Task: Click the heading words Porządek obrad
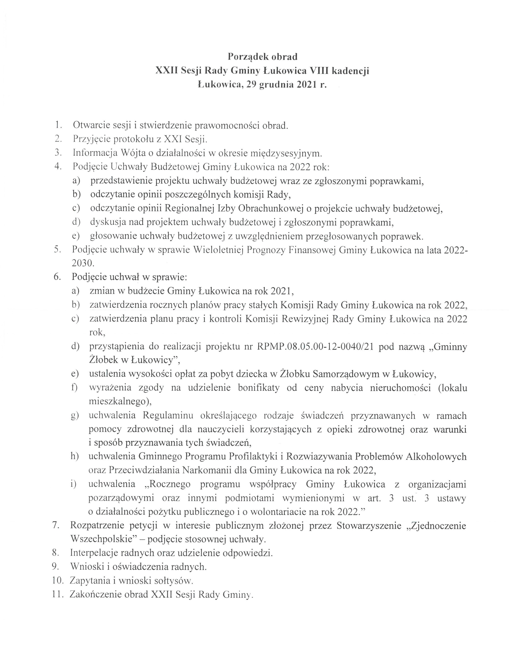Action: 263,57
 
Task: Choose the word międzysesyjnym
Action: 285,153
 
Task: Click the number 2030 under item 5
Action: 83,263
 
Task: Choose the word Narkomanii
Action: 207,470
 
